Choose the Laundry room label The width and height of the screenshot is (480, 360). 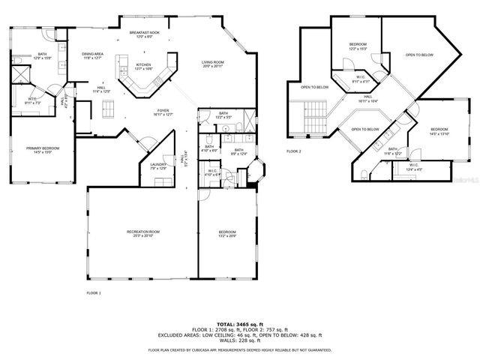pyautogui.click(x=157, y=166)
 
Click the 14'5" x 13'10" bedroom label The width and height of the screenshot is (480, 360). pyautogui.click(x=439, y=131)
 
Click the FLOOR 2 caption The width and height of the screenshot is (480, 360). pyautogui.click(x=294, y=151)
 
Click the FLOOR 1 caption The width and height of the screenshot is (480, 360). pyautogui.click(x=94, y=292)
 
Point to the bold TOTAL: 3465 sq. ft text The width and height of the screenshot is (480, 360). pyautogui.click(x=238, y=321)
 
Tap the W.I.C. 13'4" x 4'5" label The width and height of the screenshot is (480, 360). pyautogui.click(x=414, y=166)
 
